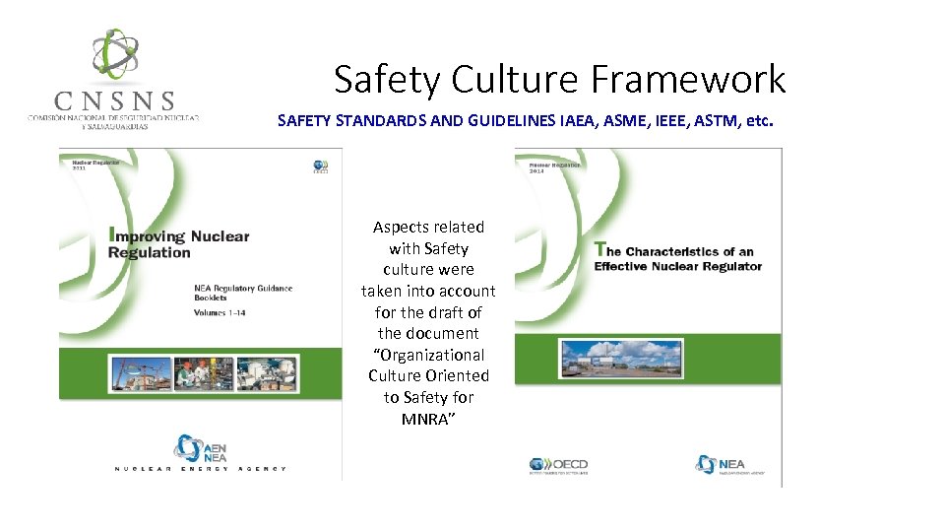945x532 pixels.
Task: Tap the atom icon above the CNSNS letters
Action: [x=115, y=55]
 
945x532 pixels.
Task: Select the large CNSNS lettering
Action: [x=115, y=100]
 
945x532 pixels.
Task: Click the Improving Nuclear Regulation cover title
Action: [x=179, y=243]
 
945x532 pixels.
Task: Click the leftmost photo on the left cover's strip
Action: [x=141, y=375]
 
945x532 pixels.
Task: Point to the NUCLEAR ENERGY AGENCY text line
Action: [x=200, y=469]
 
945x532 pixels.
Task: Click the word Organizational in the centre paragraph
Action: [x=429, y=355]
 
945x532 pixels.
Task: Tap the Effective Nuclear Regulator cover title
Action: [x=678, y=258]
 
